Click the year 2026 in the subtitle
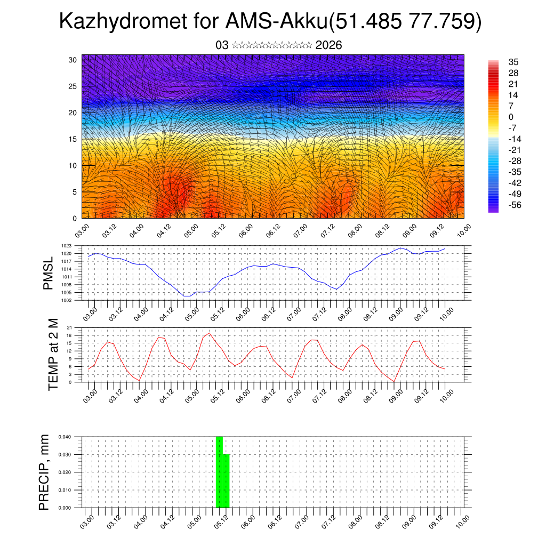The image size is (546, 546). (328, 45)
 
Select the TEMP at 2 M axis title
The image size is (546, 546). (53, 355)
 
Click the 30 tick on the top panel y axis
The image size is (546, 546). (73, 60)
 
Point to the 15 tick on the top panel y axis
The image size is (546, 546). (73, 139)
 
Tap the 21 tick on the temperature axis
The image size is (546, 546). (69, 327)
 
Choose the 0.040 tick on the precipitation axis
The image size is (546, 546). (65, 437)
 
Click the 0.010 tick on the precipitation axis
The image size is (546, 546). (65, 490)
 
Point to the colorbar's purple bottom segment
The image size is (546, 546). (493, 210)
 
